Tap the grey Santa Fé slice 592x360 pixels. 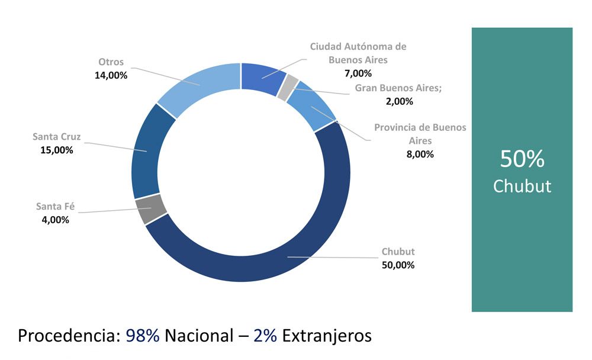(150, 209)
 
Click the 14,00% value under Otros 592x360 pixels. (111, 75)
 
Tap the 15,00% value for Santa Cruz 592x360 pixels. (57, 150)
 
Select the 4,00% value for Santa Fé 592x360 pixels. (56, 220)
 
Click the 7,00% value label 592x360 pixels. (358, 73)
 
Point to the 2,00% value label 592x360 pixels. (399, 101)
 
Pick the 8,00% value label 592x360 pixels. (420, 154)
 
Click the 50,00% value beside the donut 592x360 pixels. (398, 265)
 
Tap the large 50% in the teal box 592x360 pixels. (522, 159)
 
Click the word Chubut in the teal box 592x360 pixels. (522, 187)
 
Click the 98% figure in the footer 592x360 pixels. (142, 336)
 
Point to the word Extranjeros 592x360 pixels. (327, 336)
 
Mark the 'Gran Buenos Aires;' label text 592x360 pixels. (398, 88)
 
